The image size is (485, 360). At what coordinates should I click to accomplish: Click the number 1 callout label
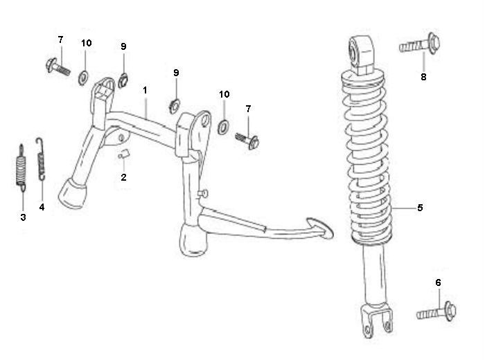145,90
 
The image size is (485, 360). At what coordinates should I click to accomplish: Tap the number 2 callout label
123,177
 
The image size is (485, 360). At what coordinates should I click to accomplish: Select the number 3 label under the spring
23,217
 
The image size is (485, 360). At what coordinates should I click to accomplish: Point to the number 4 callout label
42,207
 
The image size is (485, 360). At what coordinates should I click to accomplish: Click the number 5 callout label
420,207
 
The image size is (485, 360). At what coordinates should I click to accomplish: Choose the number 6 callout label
437,282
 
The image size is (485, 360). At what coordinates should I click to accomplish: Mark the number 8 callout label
423,77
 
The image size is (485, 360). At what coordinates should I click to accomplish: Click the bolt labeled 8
417,46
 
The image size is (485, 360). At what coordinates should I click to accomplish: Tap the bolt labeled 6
435,311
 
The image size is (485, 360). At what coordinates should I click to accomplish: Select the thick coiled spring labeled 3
21,169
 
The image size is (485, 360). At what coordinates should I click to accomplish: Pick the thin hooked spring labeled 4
41,157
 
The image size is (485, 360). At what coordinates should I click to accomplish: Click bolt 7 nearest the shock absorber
249,139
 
